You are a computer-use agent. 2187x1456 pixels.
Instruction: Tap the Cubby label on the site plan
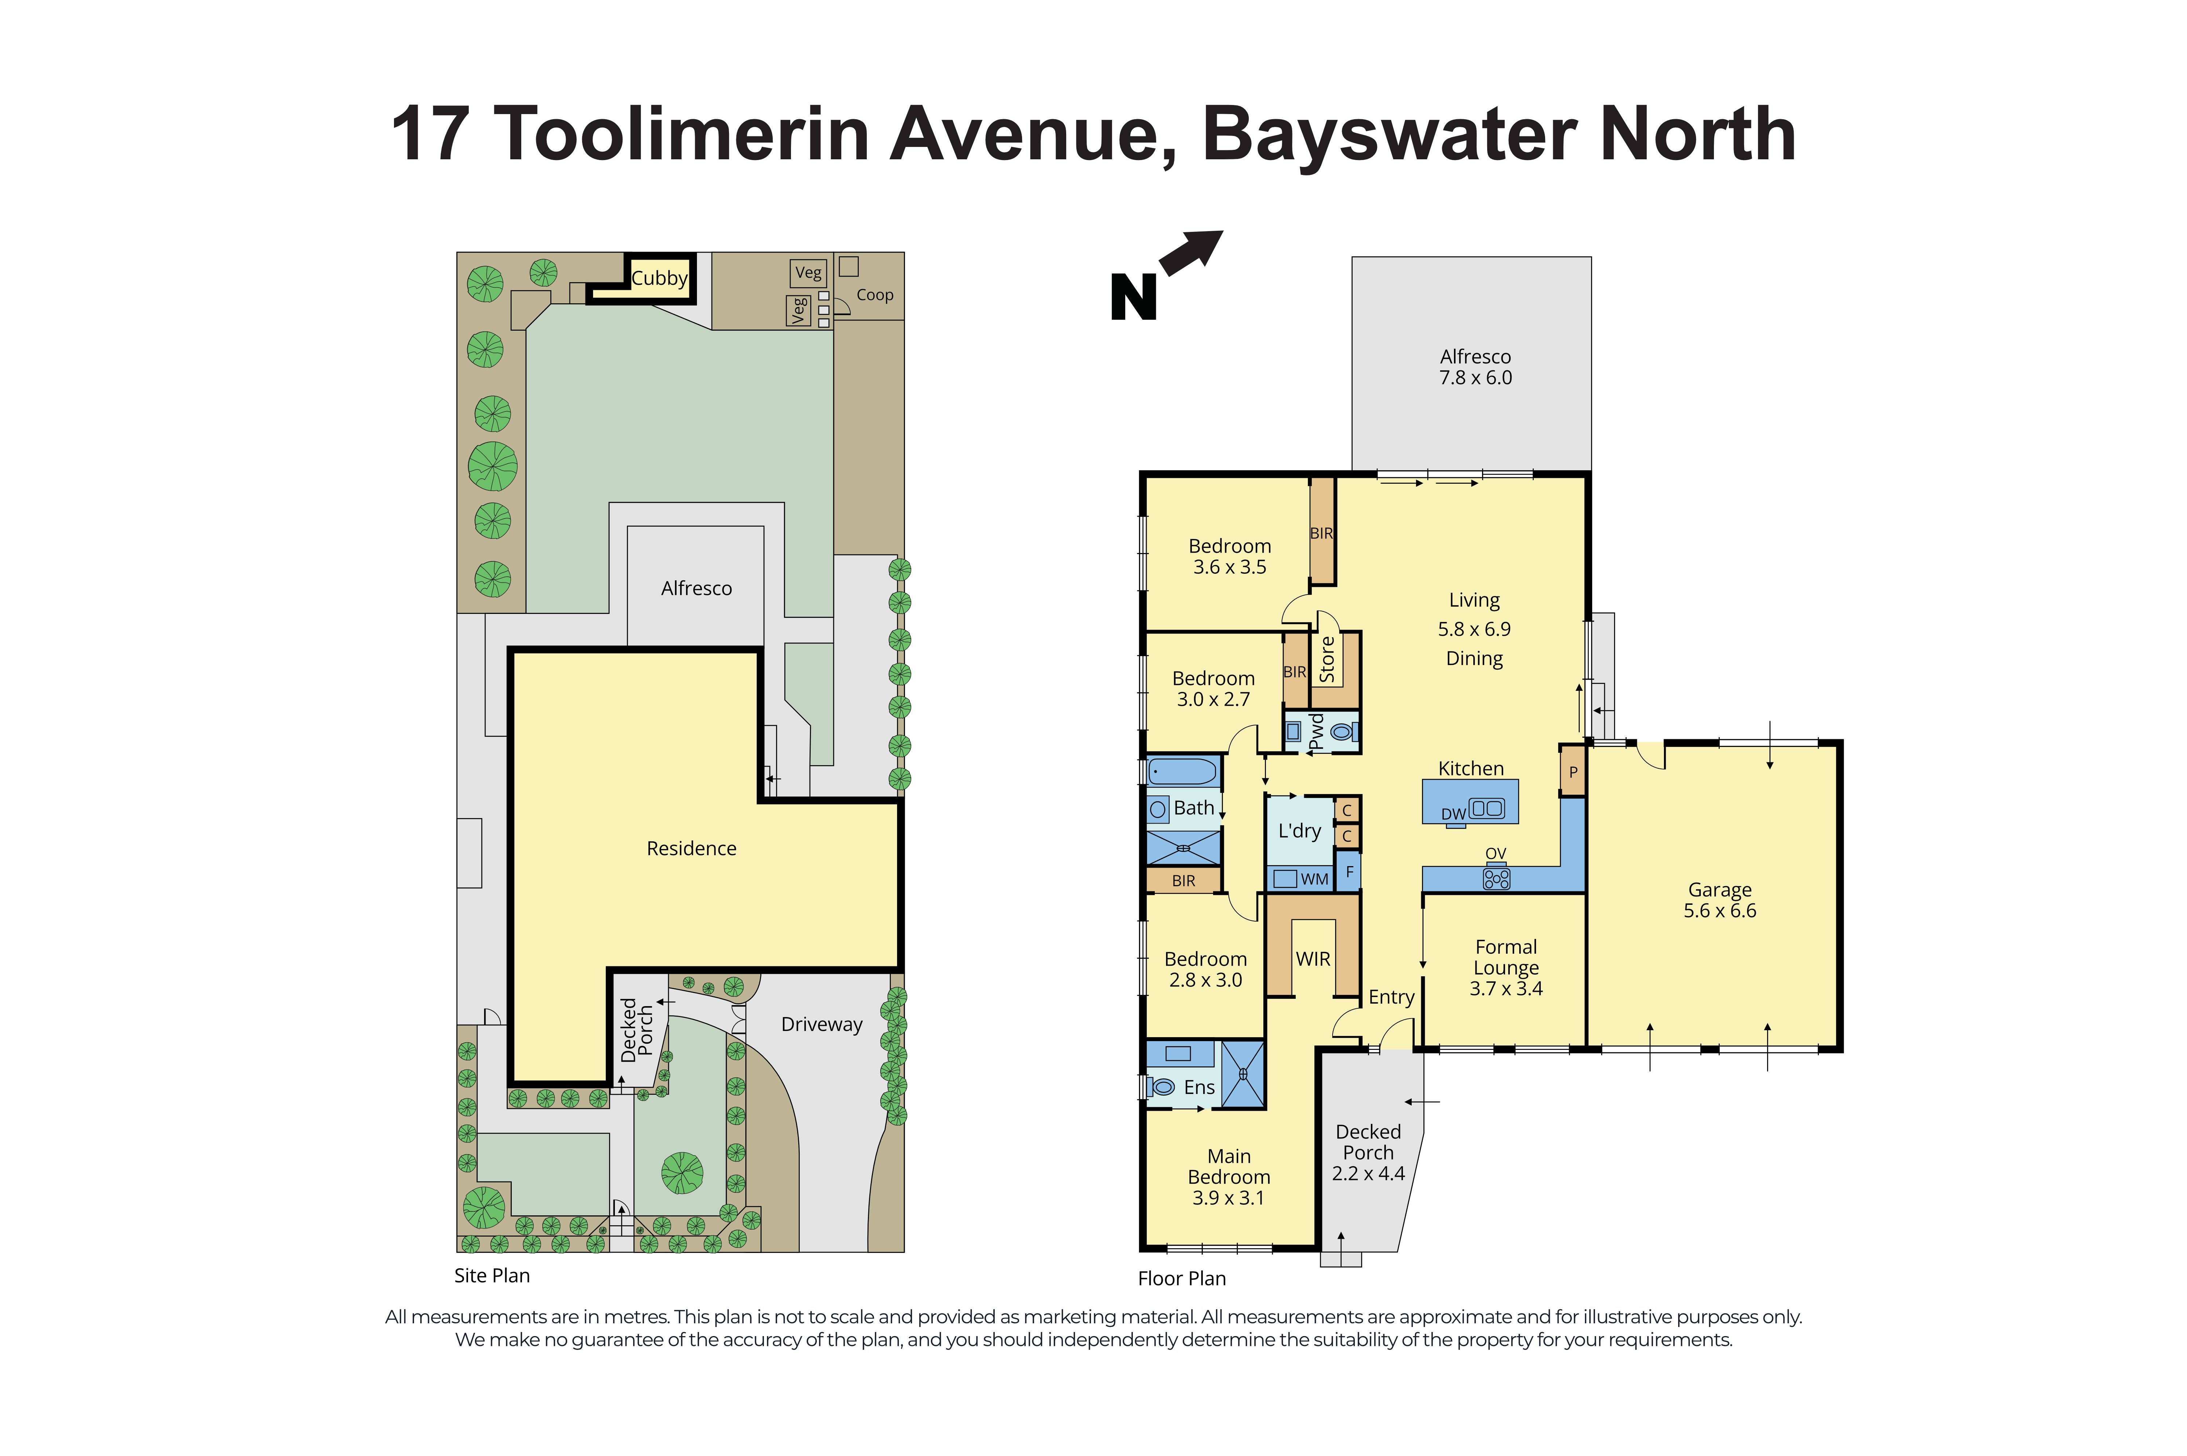click(x=659, y=278)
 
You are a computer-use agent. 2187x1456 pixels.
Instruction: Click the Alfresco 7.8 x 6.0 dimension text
click(x=1475, y=378)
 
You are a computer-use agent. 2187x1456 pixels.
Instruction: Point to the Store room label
click(x=1328, y=659)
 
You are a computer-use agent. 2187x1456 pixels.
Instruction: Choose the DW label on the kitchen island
click(x=1453, y=814)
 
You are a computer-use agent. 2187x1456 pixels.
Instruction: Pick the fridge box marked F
click(x=1349, y=872)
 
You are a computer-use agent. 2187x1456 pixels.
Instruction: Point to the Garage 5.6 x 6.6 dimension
click(x=1719, y=911)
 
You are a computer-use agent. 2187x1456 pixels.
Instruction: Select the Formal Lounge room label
click(x=1506, y=957)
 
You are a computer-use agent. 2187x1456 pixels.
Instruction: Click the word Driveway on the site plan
click(x=822, y=1024)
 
